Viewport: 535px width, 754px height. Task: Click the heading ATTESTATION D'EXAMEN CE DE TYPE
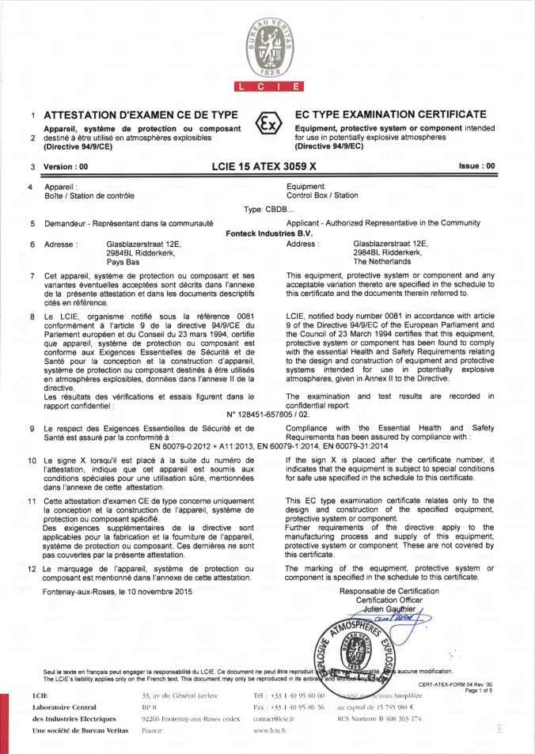[x=141, y=115]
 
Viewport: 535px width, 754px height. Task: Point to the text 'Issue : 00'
[x=476, y=166]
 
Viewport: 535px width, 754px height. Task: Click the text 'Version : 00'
[x=66, y=167]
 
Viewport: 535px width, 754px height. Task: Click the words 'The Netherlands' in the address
[x=383, y=261]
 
